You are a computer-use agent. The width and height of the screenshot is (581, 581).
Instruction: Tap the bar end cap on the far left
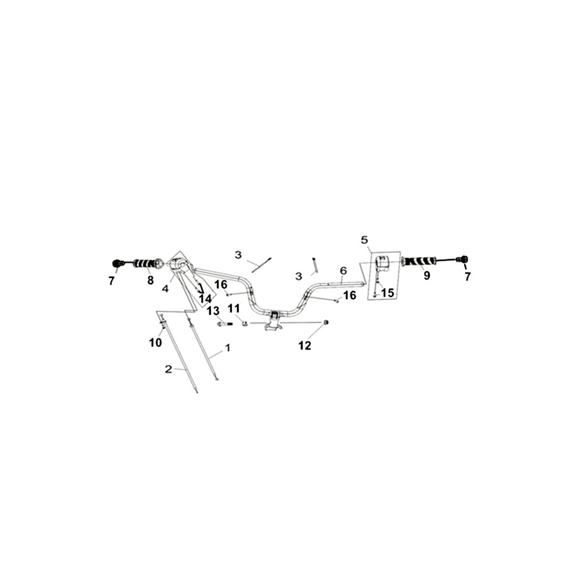point(117,263)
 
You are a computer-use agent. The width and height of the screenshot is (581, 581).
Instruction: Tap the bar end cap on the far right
point(464,259)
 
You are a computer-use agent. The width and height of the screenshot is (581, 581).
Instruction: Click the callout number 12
point(304,345)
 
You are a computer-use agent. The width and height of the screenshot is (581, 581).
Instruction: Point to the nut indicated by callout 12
point(326,322)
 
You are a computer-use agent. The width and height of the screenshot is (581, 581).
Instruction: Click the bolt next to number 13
point(225,324)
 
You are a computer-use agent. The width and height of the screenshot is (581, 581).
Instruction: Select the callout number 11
point(234,309)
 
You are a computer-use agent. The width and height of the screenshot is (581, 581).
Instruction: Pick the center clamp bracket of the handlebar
point(274,321)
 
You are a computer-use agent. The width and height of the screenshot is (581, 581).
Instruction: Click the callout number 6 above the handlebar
point(343,271)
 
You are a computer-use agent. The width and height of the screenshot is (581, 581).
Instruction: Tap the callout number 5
point(365,240)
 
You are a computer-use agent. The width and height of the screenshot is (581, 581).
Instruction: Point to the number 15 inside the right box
point(387,293)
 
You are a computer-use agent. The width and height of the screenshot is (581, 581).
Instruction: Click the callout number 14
point(205,299)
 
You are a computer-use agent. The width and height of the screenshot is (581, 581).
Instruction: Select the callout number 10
point(156,343)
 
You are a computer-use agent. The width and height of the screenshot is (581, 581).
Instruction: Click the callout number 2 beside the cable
point(168,369)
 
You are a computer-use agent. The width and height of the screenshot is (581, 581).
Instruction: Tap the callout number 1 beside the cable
point(228,348)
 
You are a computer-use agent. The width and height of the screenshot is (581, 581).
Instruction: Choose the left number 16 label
point(221,285)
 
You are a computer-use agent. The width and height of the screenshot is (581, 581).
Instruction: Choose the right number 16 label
point(350,295)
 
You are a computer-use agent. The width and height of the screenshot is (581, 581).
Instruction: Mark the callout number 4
point(165,288)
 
